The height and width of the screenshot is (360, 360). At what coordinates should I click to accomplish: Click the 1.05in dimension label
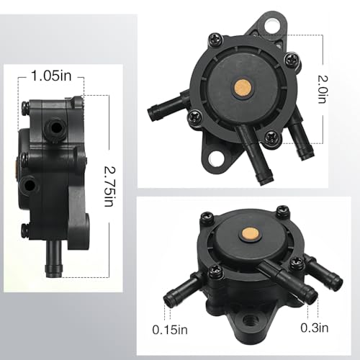[x=51, y=76]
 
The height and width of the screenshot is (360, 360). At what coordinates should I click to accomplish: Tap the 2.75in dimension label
[x=109, y=186]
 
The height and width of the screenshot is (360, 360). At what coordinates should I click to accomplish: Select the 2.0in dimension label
[x=323, y=89]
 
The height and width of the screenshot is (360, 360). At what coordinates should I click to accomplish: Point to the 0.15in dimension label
[x=170, y=330]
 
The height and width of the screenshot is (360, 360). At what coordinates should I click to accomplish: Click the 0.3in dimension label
[x=315, y=328]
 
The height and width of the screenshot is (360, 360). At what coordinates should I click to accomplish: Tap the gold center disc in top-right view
[x=243, y=87]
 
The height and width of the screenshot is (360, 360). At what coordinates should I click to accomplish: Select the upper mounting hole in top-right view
[x=272, y=24]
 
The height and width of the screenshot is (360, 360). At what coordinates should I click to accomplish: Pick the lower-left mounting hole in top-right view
[x=215, y=158]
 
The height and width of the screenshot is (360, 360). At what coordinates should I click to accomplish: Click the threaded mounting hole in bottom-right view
[x=249, y=320]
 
